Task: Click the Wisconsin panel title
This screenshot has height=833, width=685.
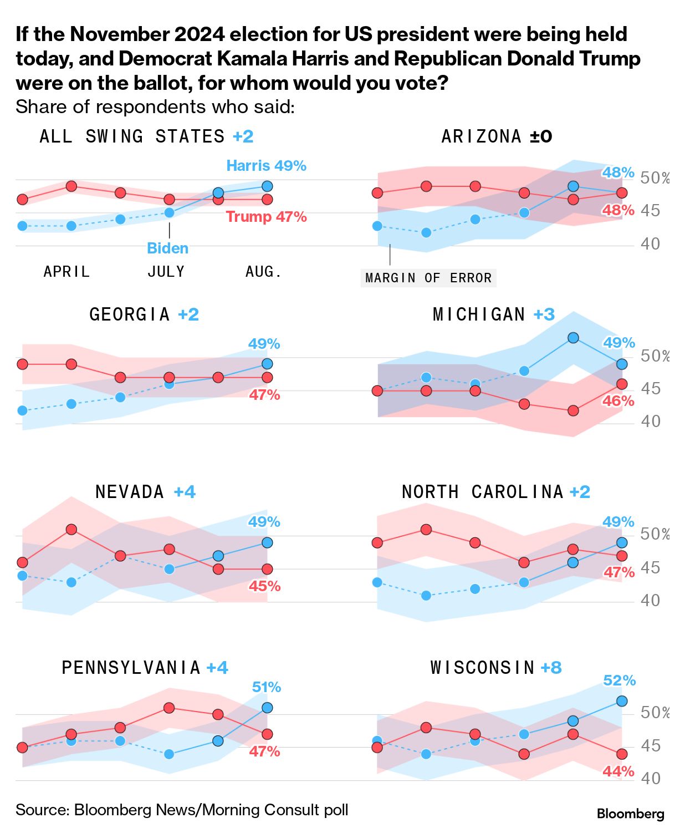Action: coord(482,667)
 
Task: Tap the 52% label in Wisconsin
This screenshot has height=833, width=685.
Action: coord(619,680)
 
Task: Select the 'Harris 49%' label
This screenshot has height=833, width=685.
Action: coord(266,166)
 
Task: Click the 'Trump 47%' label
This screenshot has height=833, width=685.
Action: coord(266,217)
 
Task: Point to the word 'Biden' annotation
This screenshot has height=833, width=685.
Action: coord(167,248)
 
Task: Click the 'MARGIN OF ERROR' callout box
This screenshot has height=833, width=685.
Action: coord(428,278)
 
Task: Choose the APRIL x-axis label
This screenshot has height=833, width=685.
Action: coord(67,272)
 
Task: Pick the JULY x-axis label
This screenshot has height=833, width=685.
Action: coord(166,272)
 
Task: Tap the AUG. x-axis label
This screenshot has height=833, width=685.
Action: coord(263,272)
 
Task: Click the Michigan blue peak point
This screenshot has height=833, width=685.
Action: coord(573,338)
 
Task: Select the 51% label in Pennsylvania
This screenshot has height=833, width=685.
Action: coord(266,687)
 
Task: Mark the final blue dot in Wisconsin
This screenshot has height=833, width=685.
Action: coord(622,701)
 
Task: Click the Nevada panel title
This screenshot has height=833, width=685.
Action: coord(130,492)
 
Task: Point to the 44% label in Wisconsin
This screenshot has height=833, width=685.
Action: coord(618,771)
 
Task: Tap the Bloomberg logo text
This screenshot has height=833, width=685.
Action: coord(630,814)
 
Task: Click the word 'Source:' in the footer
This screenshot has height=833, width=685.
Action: coord(42,810)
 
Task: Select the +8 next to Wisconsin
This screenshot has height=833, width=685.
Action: coord(551,667)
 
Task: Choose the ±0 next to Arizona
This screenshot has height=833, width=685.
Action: coord(541,136)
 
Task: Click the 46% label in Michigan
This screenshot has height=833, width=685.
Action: coord(618,401)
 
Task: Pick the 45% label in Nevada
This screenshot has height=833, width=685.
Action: coord(264,586)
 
